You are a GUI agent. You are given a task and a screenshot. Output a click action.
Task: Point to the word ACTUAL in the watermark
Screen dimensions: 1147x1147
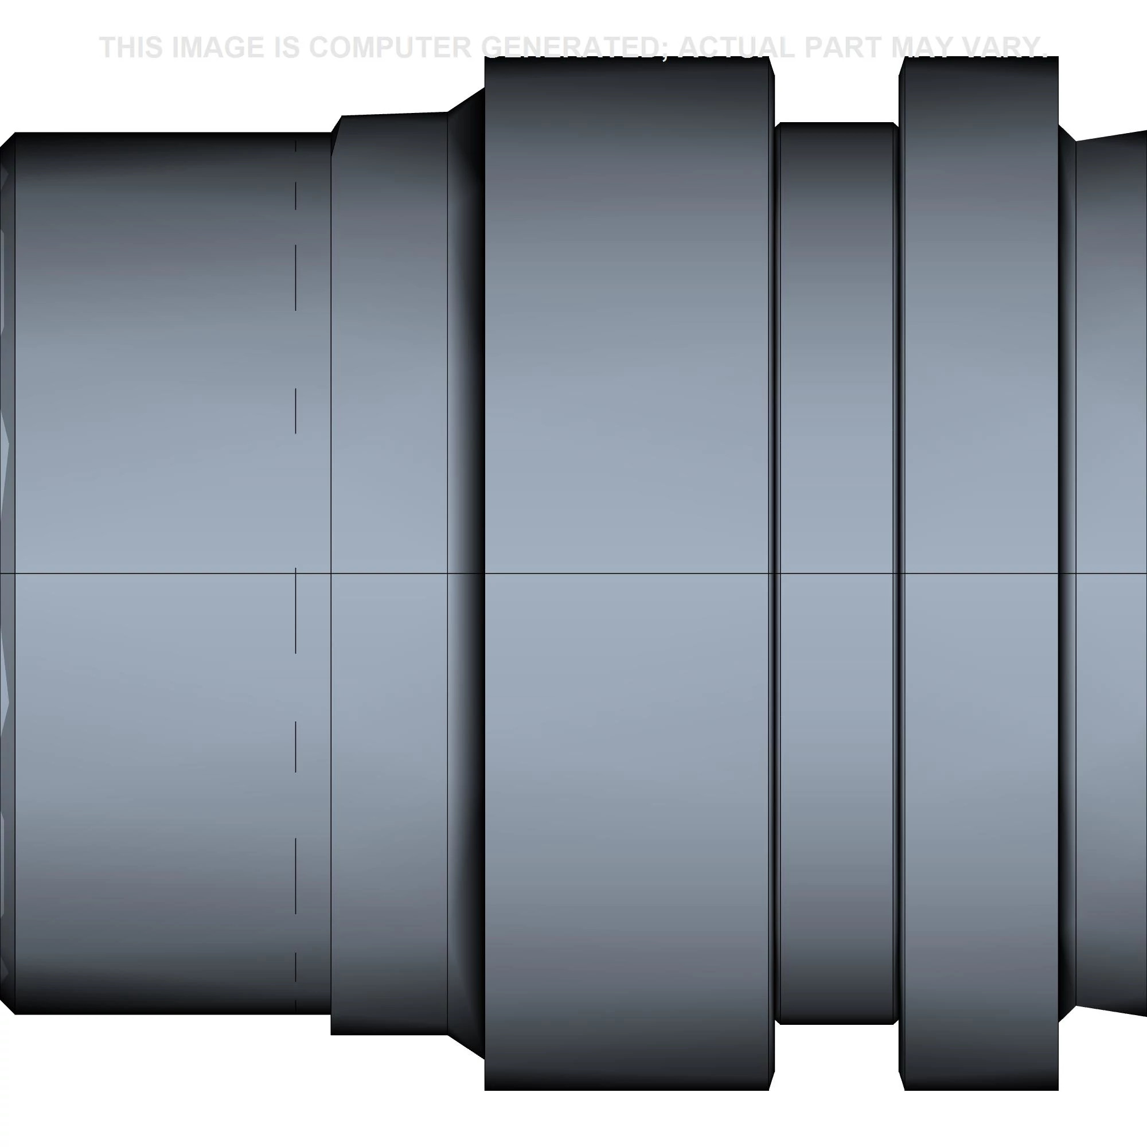coord(736,48)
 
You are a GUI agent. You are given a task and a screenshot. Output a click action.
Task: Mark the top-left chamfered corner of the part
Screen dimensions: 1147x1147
coord(7,140)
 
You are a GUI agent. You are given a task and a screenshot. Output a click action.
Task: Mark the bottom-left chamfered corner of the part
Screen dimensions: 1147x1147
coord(7,1006)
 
